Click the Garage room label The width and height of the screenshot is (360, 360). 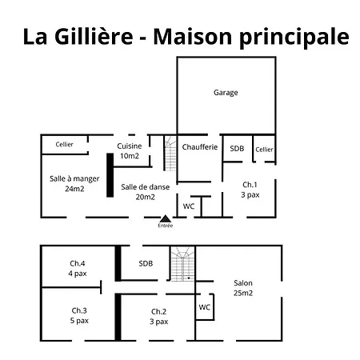pos(226,93)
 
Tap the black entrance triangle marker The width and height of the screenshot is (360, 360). pos(166,218)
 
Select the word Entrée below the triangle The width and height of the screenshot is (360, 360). pos(166,226)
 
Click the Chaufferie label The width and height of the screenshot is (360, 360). pos(199,147)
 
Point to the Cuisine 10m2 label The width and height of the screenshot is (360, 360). pos(129,150)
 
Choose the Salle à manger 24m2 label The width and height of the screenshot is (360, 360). pos(74,184)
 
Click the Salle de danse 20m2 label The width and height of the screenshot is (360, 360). pos(138,191)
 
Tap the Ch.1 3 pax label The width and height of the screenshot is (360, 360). pos(250,189)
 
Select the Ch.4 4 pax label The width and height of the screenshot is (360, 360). pos(78,269)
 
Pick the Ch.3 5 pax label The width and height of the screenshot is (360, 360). pos(78,315)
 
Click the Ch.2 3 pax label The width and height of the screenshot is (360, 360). pos(158,316)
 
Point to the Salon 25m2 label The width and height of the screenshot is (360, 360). pos(243,288)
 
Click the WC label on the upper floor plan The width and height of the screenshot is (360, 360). pos(189,206)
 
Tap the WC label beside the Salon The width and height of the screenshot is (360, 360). pos(204,306)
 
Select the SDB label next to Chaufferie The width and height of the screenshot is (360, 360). pos(237,148)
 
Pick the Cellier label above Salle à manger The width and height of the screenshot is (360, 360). pos(65,144)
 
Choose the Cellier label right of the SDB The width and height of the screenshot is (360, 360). pos(264,149)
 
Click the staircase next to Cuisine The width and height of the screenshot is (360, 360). pos(170,153)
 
